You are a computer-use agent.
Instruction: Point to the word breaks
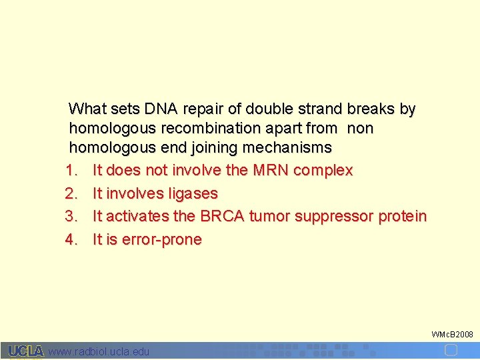coord(370,109)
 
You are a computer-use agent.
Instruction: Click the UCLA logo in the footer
coord(26,351)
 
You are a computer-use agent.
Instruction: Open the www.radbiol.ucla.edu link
coord(99,351)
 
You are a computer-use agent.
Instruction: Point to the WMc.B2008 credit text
coord(452,334)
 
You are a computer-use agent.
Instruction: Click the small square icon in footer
coord(451,350)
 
